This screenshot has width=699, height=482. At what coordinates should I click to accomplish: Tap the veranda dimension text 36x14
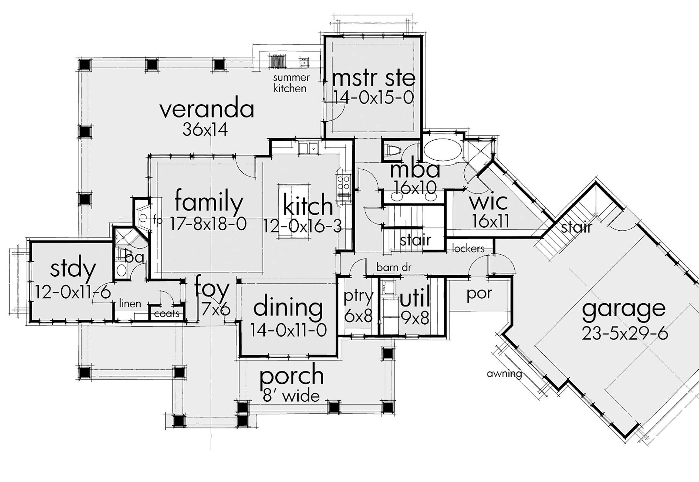205,130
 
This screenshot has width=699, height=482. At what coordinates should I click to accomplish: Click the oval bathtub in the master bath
443,150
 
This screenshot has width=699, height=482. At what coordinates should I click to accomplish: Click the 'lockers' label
468,249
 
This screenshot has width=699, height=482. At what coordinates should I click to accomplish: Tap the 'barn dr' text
394,268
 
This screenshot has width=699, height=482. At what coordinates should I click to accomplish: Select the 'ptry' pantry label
359,296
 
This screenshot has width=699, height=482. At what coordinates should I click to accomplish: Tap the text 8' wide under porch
291,396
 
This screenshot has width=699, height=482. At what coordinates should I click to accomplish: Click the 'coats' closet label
167,314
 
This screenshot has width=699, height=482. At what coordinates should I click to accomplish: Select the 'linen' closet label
130,304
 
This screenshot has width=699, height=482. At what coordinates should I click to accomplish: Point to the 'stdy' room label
73,269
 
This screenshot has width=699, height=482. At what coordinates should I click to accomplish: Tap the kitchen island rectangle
294,212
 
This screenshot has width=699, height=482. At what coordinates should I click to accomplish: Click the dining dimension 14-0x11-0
288,330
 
